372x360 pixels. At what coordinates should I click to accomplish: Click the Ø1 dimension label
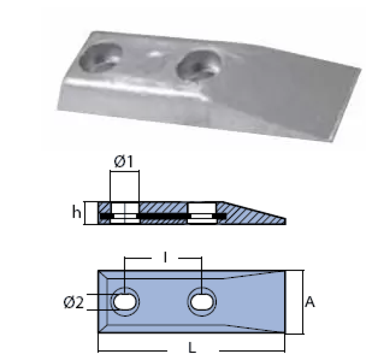click(x=124, y=161)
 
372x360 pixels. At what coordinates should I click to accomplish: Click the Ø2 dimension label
click(x=74, y=303)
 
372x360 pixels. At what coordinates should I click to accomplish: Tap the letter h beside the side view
click(x=76, y=212)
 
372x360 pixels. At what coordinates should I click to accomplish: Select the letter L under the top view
click(x=192, y=348)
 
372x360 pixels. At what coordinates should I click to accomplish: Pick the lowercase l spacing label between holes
click(x=165, y=257)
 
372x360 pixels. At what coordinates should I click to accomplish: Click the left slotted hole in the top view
click(x=125, y=302)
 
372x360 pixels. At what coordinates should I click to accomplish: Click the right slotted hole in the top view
click(x=202, y=302)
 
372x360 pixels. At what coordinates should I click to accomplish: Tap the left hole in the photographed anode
click(x=100, y=57)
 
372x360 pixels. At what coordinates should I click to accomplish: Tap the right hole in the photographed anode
click(x=199, y=65)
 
